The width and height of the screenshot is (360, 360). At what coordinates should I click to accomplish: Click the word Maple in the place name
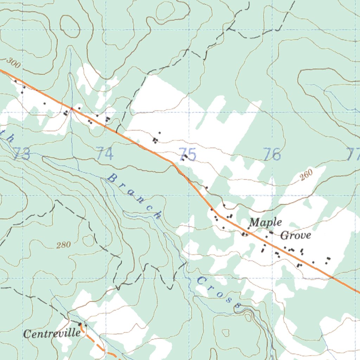[265, 223]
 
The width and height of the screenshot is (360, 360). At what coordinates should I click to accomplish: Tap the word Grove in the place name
[295, 235]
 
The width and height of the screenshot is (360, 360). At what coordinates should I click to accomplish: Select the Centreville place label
[52, 333]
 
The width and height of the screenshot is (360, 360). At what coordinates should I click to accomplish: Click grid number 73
[22, 155]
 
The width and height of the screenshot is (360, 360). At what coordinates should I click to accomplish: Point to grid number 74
[105, 154]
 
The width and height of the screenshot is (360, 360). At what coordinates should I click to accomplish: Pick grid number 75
[188, 154]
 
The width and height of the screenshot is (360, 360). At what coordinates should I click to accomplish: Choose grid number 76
[272, 154]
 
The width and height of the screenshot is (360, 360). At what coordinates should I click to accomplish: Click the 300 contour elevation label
[13, 64]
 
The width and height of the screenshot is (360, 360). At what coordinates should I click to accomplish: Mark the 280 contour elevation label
[63, 245]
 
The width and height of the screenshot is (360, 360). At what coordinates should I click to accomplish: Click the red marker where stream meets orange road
[72, 109]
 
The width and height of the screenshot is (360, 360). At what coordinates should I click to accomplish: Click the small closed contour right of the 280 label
[89, 240]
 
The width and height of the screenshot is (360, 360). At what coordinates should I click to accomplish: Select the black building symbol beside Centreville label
[80, 324]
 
